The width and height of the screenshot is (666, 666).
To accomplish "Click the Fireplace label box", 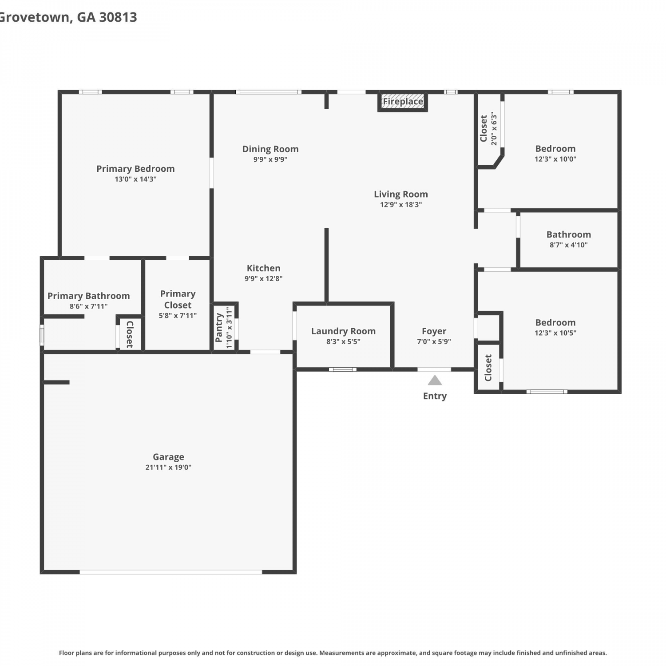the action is click(403, 102).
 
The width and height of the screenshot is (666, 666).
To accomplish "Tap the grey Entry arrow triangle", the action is click(435, 381).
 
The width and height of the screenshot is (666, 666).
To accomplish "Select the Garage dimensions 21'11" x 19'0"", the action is click(168, 467).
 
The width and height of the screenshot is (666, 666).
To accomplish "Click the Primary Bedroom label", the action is click(135, 169).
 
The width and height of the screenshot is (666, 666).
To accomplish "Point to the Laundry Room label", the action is click(343, 331).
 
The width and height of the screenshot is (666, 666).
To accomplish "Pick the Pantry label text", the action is click(218, 328).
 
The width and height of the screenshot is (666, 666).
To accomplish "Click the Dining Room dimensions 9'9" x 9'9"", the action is click(270, 159).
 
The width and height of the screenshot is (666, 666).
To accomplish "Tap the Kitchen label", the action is click(264, 268).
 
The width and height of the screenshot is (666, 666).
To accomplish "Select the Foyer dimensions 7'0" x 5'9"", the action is click(434, 341).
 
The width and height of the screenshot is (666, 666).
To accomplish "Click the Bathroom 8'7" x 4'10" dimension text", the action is click(569, 245).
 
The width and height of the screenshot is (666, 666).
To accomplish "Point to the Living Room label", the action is click(401, 194).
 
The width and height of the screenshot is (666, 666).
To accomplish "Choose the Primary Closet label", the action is click(178, 299).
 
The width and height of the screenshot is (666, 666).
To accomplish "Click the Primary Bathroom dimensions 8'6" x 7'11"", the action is click(89, 306).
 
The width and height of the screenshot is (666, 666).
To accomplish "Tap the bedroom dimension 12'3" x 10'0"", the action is click(555, 159).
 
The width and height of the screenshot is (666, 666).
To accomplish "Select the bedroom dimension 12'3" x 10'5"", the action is click(555, 333).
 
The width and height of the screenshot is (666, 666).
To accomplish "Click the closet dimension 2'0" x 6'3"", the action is click(494, 129).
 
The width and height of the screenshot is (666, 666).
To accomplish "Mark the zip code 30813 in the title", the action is click(118, 17).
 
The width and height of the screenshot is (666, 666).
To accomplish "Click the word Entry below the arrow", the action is click(435, 396).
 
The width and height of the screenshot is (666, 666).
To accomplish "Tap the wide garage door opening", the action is click(171, 572).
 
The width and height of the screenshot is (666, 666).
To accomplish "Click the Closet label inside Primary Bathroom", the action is click(130, 334).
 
